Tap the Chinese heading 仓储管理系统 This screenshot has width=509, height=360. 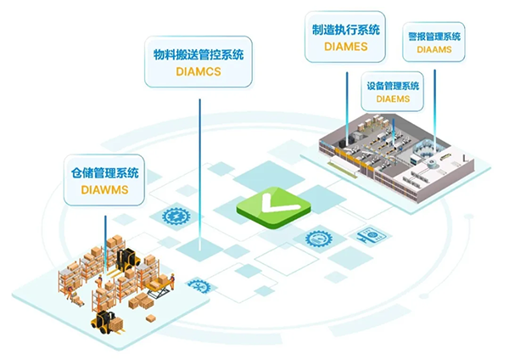coord(103,172)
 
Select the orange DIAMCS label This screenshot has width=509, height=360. coord(198,72)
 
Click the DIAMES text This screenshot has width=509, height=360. coord(344,48)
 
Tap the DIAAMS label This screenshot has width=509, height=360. coord(433,51)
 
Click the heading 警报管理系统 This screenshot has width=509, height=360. coord(433,37)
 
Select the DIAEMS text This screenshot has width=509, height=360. coord(392,99)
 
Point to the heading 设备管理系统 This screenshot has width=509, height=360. coord(392,86)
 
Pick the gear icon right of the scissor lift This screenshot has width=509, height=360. coord(198,286)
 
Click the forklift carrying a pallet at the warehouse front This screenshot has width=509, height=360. coord(106,321)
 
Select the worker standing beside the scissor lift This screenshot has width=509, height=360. coord(171,283)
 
